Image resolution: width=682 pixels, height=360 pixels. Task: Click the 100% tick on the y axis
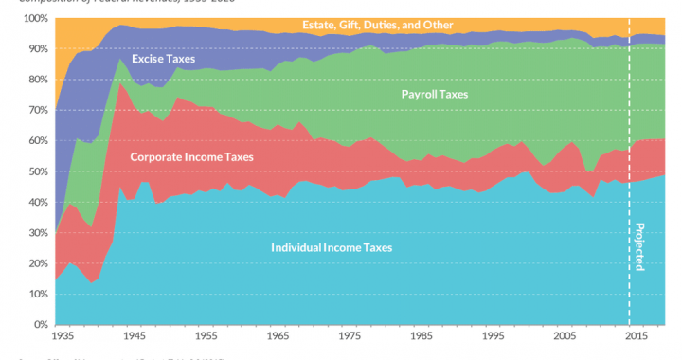tap(36, 19)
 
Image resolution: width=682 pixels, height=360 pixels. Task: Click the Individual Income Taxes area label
tap(332, 247)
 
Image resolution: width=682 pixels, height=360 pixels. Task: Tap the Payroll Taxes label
tap(435, 95)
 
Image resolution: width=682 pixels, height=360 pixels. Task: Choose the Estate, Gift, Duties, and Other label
tap(377, 25)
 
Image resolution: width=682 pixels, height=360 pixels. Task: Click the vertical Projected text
tap(638, 246)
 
